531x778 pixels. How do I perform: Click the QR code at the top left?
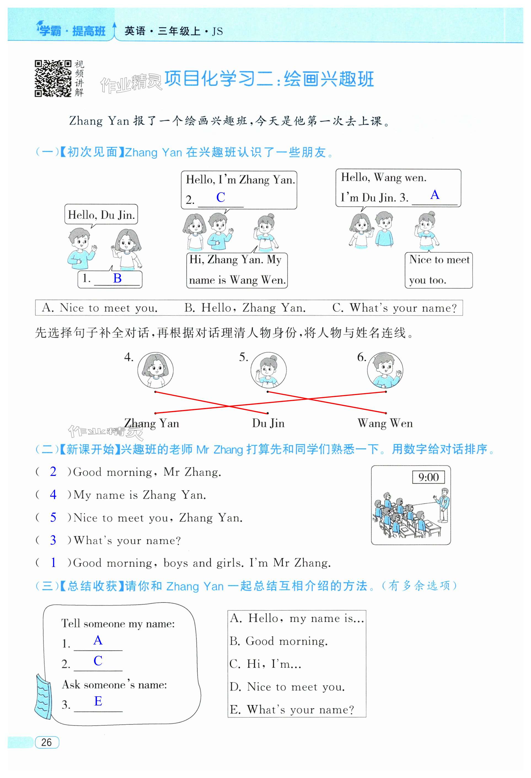(x=53, y=78)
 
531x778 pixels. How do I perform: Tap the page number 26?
(x=47, y=742)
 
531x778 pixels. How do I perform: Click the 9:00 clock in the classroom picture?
(x=428, y=477)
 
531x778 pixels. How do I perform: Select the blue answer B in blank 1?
(x=117, y=278)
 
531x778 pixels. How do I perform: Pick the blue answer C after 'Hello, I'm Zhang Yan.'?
(x=221, y=197)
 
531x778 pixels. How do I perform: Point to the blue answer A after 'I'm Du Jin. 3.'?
(x=434, y=194)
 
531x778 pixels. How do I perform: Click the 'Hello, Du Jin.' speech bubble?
(x=101, y=215)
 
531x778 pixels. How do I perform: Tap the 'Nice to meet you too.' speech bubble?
(x=439, y=270)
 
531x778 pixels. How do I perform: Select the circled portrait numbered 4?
(x=155, y=370)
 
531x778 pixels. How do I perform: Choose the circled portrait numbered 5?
(x=268, y=370)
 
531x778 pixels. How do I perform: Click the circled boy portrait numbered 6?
(x=385, y=370)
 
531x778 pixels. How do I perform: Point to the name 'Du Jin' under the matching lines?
(x=268, y=423)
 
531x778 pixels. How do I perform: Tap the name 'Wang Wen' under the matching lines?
(x=385, y=423)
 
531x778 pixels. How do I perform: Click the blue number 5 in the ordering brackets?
(x=53, y=517)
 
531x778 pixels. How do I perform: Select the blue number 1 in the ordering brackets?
(x=53, y=563)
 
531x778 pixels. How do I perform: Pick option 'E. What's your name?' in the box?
(x=292, y=709)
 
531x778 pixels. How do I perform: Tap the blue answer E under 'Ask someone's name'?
(x=98, y=701)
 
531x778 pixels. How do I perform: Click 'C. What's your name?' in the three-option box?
(x=395, y=308)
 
